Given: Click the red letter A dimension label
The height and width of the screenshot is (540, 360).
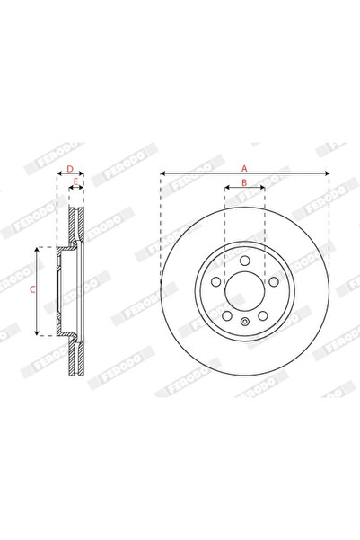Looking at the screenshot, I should click(244, 166).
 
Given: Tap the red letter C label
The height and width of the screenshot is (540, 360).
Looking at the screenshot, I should click(32, 289).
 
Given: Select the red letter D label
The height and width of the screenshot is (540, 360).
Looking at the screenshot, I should click(69, 168).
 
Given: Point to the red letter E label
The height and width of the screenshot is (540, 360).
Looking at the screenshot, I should click(76, 182).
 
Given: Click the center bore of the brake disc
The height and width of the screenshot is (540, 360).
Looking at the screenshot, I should click(244, 289).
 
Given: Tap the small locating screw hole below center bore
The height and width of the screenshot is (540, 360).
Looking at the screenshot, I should click(244, 320).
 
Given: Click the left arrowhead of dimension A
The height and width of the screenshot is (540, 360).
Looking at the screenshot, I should click(163, 173).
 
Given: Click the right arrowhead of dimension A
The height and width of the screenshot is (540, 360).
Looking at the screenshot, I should click(325, 173).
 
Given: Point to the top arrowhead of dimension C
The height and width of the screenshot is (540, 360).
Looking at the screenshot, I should click(38, 248).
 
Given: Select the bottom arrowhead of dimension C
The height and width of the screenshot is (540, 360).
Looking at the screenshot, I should click(38, 332).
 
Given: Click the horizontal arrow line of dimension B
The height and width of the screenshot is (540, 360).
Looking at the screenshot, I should click(244, 190).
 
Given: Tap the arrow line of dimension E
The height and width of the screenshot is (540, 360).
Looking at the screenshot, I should click(76, 190).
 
